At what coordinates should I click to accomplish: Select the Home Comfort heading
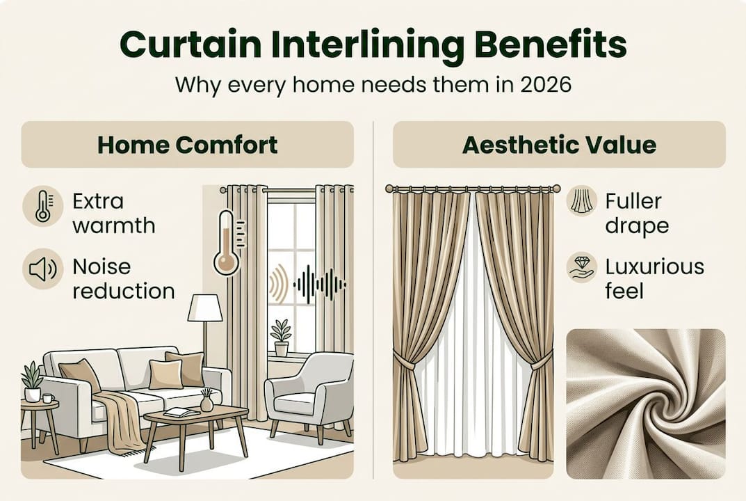click(187, 145)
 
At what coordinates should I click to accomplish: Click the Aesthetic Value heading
click(559, 145)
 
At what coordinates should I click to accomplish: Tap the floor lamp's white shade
click(205, 308)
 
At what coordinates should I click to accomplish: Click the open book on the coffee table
click(181, 413)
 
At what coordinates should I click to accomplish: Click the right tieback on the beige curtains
click(540, 362)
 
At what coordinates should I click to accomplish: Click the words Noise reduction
click(123, 278)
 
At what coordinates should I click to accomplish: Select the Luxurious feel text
click(654, 278)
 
